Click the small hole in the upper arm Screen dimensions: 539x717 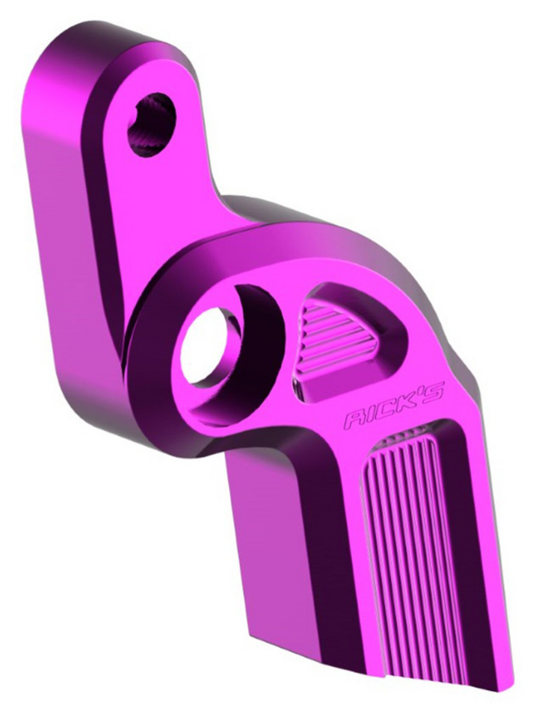pyautogui.click(x=152, y=125)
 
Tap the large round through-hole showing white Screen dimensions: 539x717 pyautogui.click(x=206, y=346)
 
